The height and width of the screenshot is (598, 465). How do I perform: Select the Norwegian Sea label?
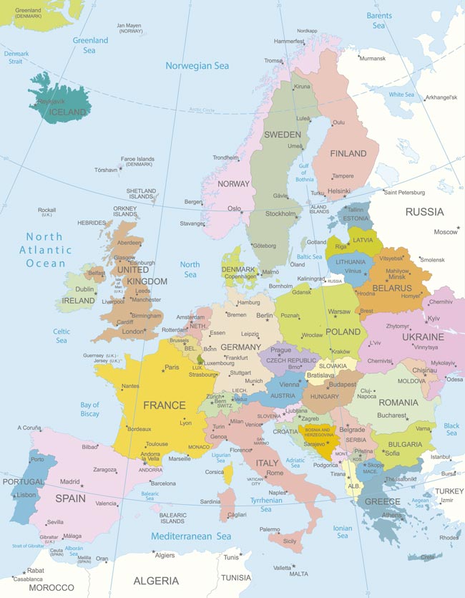click(197, 66)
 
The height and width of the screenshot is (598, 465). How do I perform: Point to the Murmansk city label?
click(372, 59)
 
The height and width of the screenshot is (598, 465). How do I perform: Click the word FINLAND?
click(348, 153)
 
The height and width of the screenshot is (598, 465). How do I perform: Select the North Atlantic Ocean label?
click(45, 250)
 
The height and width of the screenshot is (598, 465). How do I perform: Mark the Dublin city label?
click(84, 289)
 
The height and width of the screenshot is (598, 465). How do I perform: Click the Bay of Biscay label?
click(90, 410)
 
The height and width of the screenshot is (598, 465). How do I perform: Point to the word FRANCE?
click(164, 405)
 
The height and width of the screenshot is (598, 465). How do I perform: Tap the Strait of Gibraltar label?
click(26, 546)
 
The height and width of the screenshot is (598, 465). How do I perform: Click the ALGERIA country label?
click(156, 580)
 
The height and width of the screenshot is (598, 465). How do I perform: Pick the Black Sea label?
click(451, 430)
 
